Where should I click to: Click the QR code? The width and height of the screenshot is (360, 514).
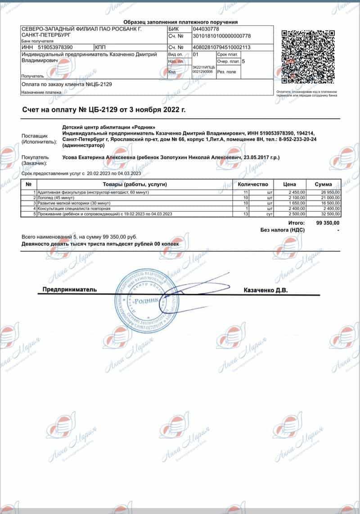(x=308, y=56)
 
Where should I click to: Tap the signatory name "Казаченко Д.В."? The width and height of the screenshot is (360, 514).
(x=265, y=291)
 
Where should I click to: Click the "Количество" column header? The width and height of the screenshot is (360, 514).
(x=253, y=184)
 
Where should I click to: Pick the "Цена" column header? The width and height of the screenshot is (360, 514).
(x=289, y=184)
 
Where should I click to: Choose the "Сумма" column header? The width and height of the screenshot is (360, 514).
(x=324, y=184)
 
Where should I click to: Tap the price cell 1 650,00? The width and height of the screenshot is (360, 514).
(x=295, y=203)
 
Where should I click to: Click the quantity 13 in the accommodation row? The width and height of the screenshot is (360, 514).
(x=246, y=215)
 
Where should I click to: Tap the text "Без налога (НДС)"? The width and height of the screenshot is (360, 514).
(x=283, y=230)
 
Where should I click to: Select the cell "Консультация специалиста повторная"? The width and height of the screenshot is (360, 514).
(x=74, y=209)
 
